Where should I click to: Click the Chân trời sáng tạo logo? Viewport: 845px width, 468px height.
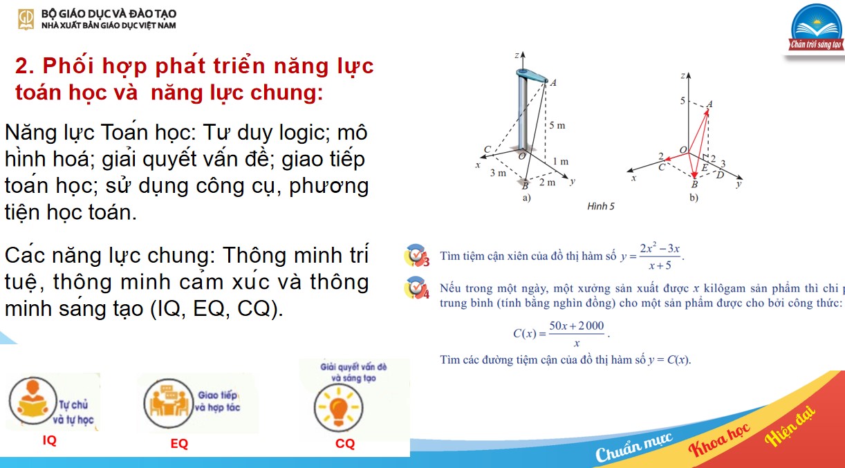tap(817, 30)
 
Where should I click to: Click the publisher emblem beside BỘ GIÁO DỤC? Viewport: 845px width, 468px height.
tap(26, 19)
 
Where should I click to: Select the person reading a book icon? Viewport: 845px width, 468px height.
tap(31, 402)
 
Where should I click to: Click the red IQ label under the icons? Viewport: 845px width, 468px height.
tap(50, 440)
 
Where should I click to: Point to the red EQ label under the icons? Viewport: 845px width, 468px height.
tap(179, 444)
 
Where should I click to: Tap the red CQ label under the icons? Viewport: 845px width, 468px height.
tap(345, 444)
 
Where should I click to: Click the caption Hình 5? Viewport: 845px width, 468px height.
tap(600, 206)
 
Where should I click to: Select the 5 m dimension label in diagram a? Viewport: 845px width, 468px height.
tap(557, 126)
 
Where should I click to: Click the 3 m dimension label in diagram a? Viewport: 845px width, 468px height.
tap(498, 173)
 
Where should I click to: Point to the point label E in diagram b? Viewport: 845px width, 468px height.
tap(704, 168)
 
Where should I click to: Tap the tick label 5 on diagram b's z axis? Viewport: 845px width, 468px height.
tap(682, 101)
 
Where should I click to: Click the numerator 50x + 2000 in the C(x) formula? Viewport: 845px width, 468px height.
tap(576, 326)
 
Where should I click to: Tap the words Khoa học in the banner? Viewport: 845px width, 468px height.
tap(719, 441)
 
